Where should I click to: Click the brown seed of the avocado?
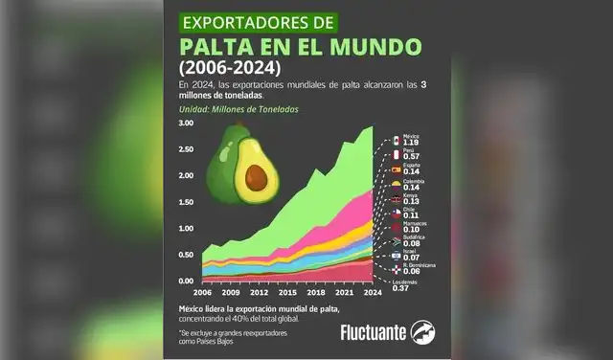pyautogui.click(x=256, y=176)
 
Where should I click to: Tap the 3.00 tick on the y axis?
pyautogui.click(x=186, y=124)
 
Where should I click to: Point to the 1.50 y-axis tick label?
pyautogui.click(x=186, y=202)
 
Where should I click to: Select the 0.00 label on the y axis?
pyautogui.click(x=186, y=281)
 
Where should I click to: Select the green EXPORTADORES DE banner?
pyautogui.click(x=249, y=20)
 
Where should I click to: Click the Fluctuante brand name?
pyautogui.click(x=372, y=332)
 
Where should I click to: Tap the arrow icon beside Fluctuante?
pyautogui.click(x=423, y=331)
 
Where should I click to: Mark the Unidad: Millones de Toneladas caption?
pyautogui.click(x=238, y=110)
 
